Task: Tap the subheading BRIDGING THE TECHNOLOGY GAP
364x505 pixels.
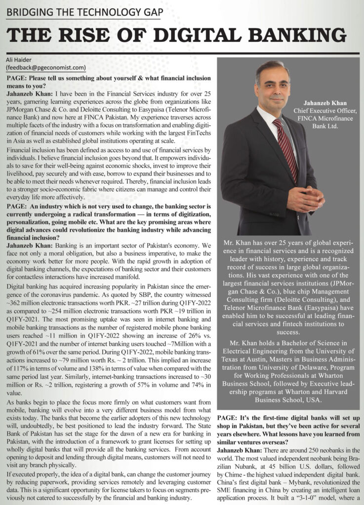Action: (x=84, y=11)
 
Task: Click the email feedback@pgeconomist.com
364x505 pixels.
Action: (x=46, y=68)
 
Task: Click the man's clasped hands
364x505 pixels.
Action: (x=305, y=198)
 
